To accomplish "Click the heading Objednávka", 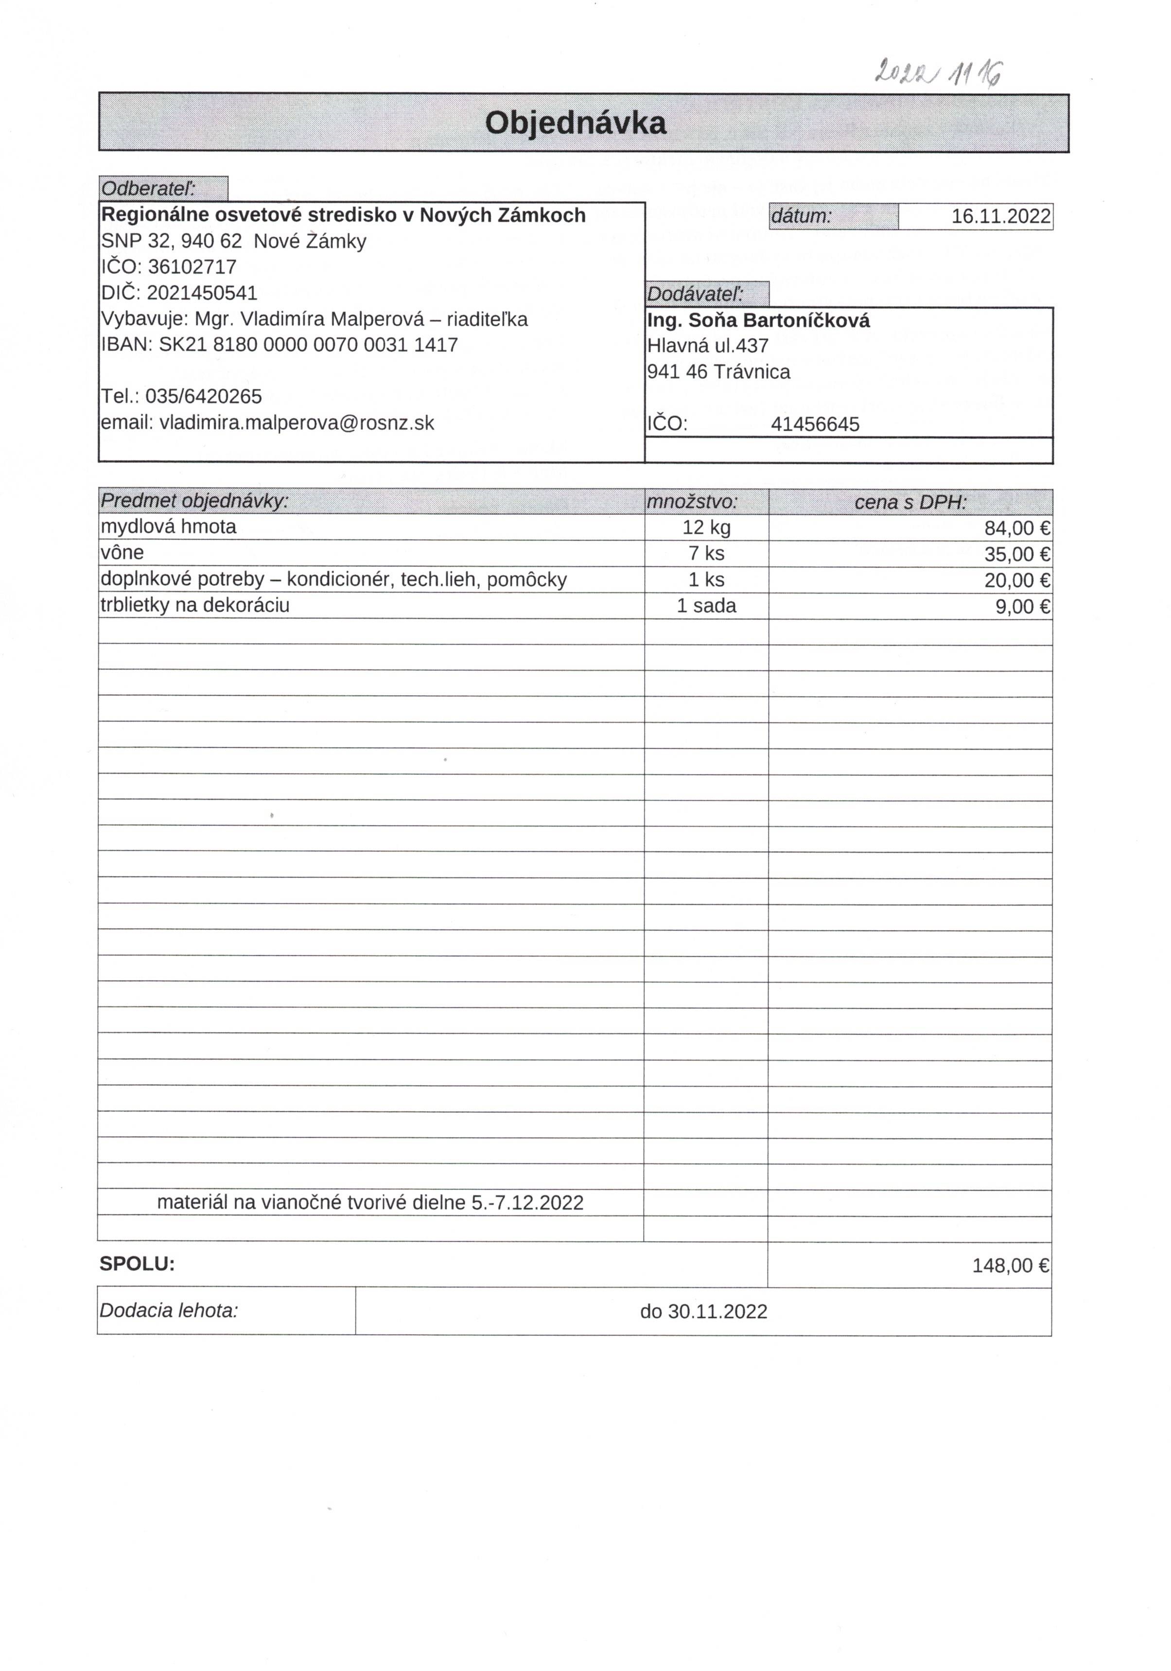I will click(x=575, y=123).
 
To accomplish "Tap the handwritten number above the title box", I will click(x=937, y=72).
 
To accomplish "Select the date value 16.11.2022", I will click(x=1001, y=216).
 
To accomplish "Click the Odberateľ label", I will click(x=148, y=189).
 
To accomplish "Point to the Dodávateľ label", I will click(x=695, y=294).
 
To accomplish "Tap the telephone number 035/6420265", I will click(x=204, y=397).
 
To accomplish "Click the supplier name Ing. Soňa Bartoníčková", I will click(x=758, y=321).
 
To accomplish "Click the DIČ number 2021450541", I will click(x=202, y=293).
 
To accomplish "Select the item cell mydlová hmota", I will click(x=169, y=527).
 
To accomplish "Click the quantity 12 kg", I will click(x=706, y=528).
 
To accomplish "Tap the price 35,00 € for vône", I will click(x=1017, y=555).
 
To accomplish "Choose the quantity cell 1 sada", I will click(x=706, y=606).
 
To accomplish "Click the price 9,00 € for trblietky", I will click(x=1022, y=607).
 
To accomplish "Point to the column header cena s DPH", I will click(x=910, y=502).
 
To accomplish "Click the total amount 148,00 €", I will click(x=1010, y=1266).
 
